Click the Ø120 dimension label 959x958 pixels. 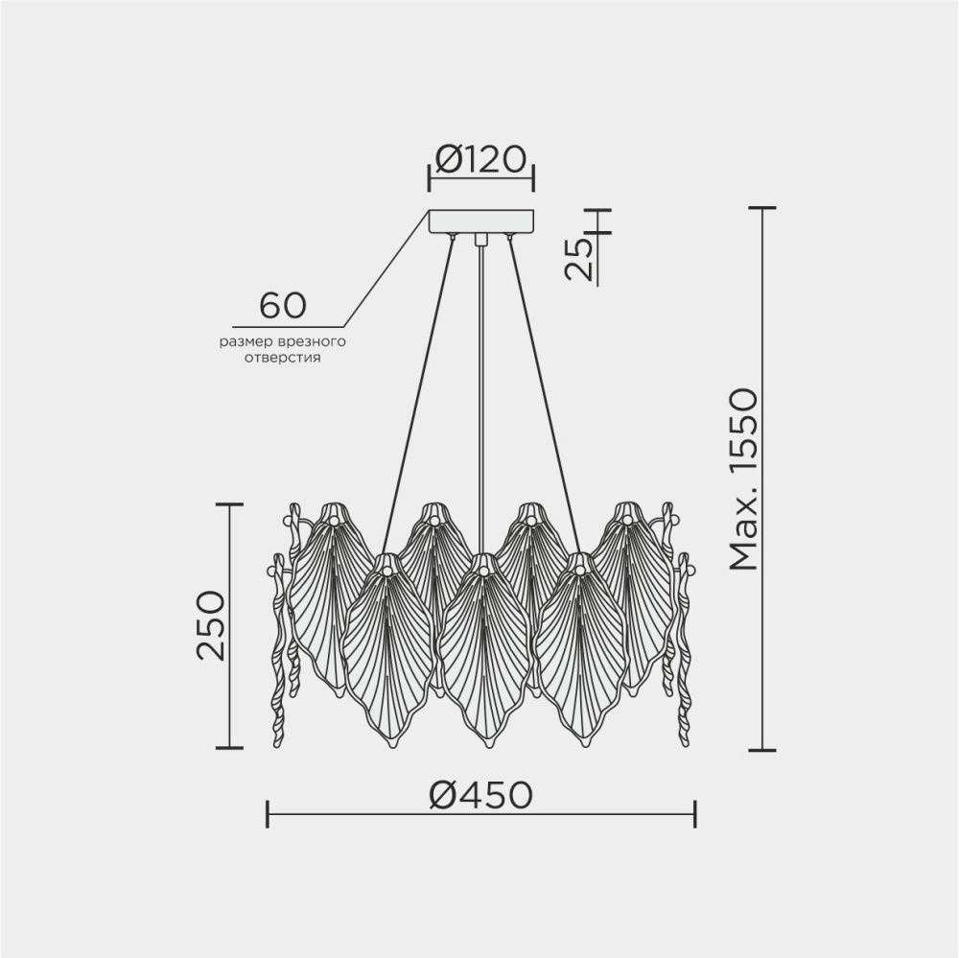coord(479,158)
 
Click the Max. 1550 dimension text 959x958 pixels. coord(742,479)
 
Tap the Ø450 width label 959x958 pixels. coord(479,794)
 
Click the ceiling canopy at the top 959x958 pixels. coord(480,222)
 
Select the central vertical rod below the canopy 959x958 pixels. coord(479,384)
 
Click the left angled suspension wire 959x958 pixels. coord(417,384)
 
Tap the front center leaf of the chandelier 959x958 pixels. coord(484,652)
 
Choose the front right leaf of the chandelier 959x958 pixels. coord(580,652)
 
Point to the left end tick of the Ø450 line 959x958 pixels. coord(267,815)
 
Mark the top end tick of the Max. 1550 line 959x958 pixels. coord(761,207)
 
